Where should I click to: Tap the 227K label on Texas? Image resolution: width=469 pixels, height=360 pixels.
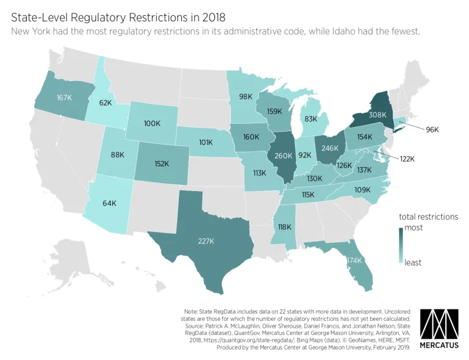pyautogui.click(x=205, y=240)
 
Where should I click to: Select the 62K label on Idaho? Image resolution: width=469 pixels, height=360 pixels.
pyautogui.click(x=106, y=103)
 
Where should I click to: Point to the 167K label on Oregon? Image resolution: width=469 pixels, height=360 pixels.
pyautogui.click(x=64, y=98)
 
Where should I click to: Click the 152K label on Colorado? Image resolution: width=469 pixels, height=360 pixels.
pyautogui.click(x=162, y=163)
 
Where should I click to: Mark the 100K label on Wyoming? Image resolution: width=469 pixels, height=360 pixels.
pyautogui.click(x=151, y=123)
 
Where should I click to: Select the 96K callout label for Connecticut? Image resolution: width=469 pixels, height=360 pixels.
pyautogui.click(x=432, y=129)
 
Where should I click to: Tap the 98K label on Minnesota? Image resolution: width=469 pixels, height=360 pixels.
pyautogui.click(x=245, y=96)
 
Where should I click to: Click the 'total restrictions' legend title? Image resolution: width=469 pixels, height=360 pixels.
pyautogui.click(x=428, y=217)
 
